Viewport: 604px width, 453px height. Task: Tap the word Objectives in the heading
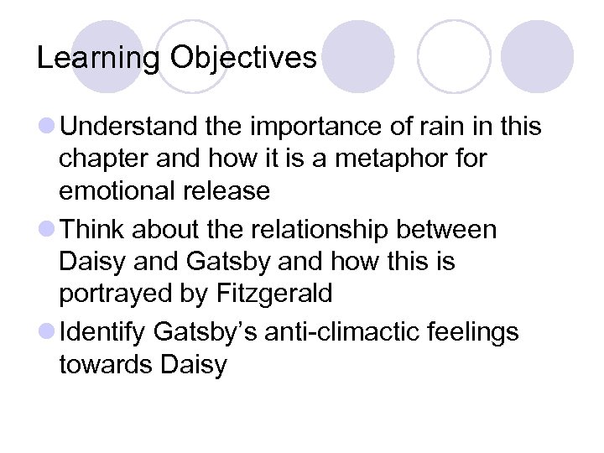[242, 57]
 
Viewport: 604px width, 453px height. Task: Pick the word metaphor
[392, 159]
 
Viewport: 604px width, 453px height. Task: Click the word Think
[94, 229]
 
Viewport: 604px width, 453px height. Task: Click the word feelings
[474, 332]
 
